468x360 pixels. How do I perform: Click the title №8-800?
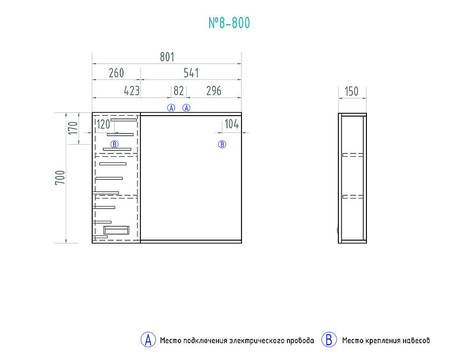click(x=229, y=23)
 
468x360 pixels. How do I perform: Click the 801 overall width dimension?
click(x=167, y=57)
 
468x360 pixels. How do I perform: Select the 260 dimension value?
click(x=116, y=73)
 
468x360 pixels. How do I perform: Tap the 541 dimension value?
click(x=191, y=73)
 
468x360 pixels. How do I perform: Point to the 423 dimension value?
click(x=132, y=91)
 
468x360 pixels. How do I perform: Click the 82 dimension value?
click(x=178, y=91)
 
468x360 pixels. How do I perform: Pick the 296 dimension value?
click(x=214, y=91)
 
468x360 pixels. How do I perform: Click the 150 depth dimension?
click(x=351, y=91)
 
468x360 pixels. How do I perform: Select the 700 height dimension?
click(x=60, y=177)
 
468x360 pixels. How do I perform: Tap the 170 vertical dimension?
click(x=73, y=128)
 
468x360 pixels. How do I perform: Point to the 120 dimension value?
click(x=103, y=124)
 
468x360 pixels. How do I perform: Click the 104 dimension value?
click(x=232, y=124)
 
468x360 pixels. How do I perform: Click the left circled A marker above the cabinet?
click(x=171, y=108)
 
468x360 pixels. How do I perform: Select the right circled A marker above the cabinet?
click(x=186, y=108)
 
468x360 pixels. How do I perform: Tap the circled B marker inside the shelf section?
click(x=114, y=145)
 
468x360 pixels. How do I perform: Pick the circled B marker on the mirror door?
click(x=222, y=145)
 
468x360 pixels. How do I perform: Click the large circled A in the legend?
click(x=148, y=340)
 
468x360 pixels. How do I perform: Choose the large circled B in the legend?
click(x=329, y=340)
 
